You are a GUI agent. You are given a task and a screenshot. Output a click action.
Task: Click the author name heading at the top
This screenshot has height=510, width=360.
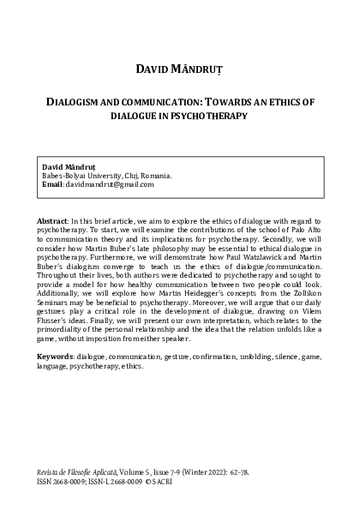(179, 67)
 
